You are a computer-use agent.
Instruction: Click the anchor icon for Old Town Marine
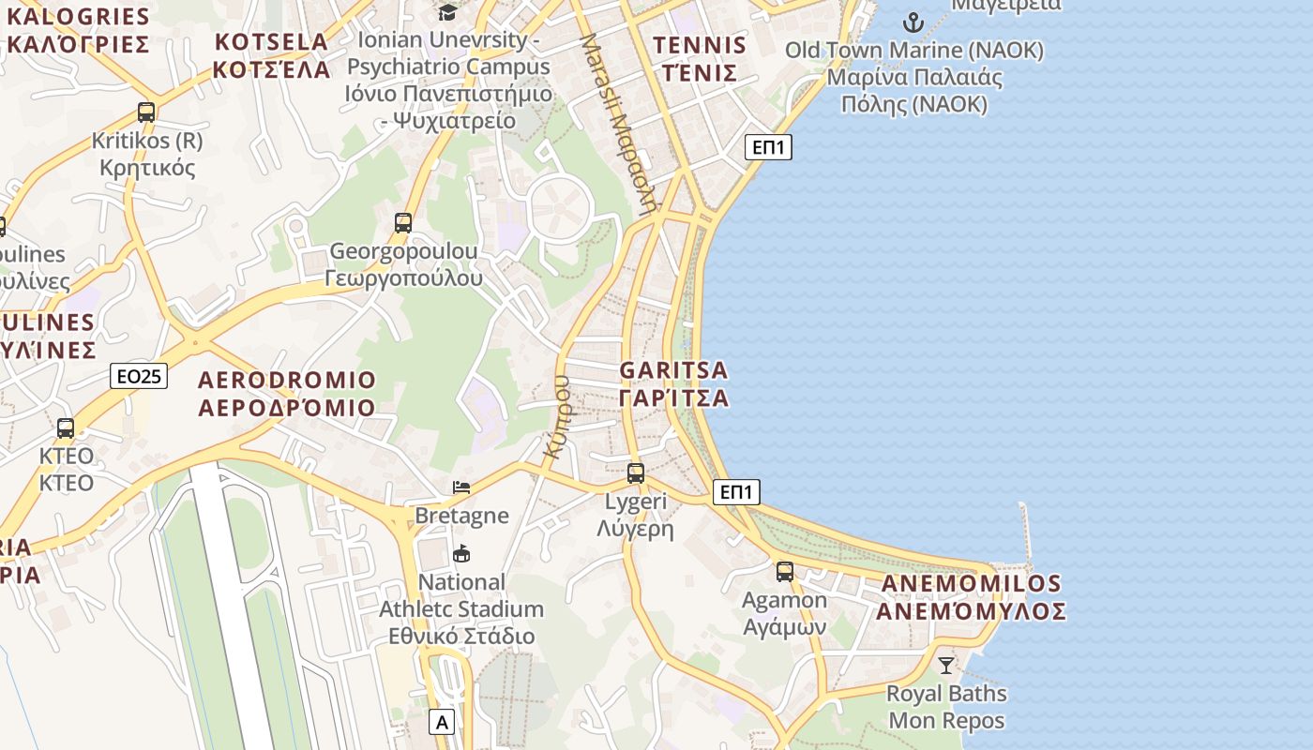(x=913, y=22)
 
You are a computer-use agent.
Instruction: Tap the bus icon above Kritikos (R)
(x=146, y=112)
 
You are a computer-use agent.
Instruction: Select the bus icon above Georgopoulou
(x=403, y=223)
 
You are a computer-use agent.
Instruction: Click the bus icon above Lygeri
(x=636, y=473)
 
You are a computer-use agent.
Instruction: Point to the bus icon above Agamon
(x=785, y=572)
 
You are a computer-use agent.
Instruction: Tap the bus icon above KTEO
(x=66, y=428)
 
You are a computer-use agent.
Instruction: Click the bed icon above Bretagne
(x=461, y=487)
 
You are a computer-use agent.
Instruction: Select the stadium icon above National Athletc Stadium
(x=461, y=554)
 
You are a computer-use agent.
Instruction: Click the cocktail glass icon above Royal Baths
(x=945, y=666)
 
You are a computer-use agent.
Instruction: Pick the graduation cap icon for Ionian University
(x=448, y=12)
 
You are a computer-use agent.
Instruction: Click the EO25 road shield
(x=139, y=377)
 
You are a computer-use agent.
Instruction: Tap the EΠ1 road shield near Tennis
(x=769, y=147)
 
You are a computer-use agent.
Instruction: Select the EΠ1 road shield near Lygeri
(x=736, y=492)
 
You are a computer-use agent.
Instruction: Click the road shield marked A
(x=442, y=723)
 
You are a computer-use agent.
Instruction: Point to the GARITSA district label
(x=673, y=384)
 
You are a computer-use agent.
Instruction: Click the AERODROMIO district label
(x=287, y=394)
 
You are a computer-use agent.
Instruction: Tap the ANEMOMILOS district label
(x=973, y=597)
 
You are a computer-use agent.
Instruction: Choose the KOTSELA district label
(x=271, y=55)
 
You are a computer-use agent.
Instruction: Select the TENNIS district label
(x=700, y=58)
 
